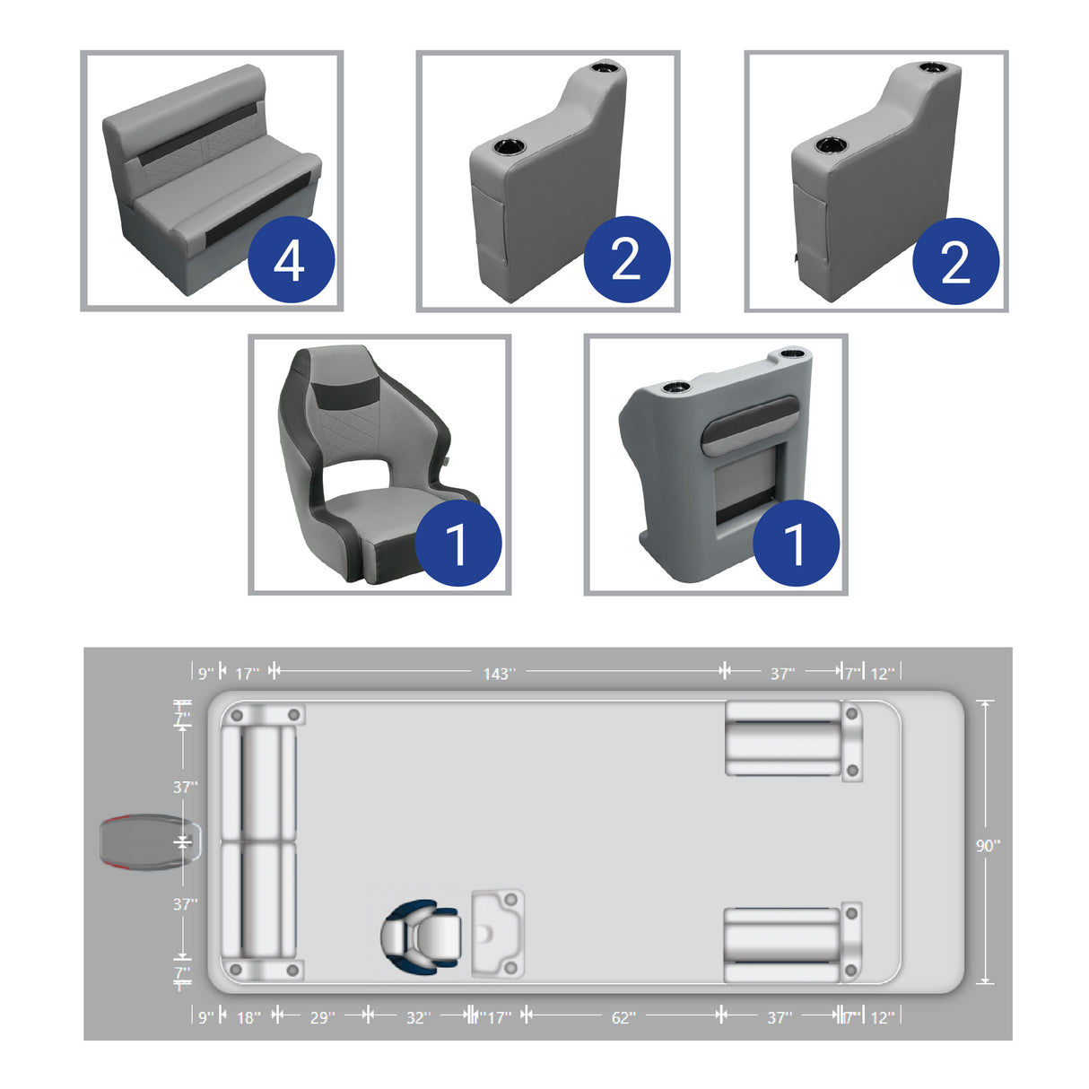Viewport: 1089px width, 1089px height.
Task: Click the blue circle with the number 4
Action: pyautogui.click(x=291, y=260)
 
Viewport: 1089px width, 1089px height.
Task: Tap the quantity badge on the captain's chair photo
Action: pyautogui.click(x=457, y=543)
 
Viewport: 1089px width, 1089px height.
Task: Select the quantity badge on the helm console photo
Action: pyautogui.click(x=796, y=543)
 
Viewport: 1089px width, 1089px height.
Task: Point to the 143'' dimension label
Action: pyautogui.click(x=499, y=673)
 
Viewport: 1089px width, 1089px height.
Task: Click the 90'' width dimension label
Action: pyautogui.click(x=988, y=845)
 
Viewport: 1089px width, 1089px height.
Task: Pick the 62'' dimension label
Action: pyautogui.click(x=623, y=1017)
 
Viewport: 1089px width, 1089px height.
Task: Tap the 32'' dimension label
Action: pyautogui.click(x=418, y=1017)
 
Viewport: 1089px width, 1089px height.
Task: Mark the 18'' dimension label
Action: pyautogui.click(x=248, y=1017)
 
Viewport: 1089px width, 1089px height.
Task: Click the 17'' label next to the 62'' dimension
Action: pyautogui.click(x=499, y=1017)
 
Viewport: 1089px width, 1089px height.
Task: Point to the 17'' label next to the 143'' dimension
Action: pyautogui.click(x=247, y=673)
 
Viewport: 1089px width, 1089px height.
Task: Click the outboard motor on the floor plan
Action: pyautogui.click(x=144, y=843)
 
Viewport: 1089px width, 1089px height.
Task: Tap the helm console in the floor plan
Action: pyautogui.click(x=496, y=933)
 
